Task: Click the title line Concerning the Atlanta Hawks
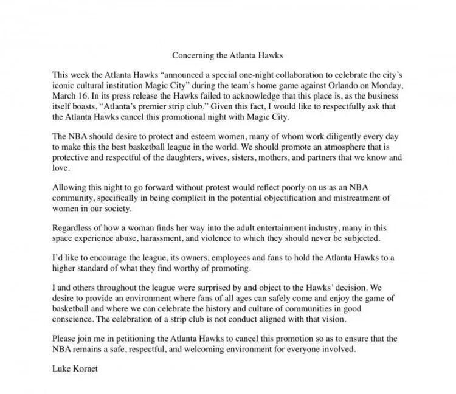[228, 56]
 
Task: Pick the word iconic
[63, 86]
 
